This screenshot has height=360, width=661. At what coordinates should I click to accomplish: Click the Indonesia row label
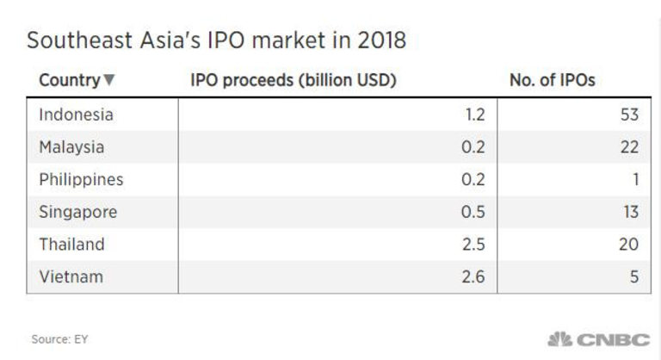[x=76, y=115]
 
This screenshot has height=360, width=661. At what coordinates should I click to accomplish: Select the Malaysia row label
[x=71, y=147]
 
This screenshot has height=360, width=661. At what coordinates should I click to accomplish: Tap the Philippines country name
[x=81, y=180]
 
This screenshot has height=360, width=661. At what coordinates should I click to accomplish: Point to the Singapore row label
[x=77, y=213]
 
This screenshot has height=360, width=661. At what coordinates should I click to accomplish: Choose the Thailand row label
[x=71, y=245]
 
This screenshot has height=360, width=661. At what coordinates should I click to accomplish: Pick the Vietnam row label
[x=70, y=277]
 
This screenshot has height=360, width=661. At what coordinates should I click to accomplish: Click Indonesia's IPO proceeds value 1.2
[x=475, y=115]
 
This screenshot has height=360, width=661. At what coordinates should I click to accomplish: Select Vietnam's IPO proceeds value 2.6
[x=474, y=277]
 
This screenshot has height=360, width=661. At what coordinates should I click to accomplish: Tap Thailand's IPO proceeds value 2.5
[x=474, y=245]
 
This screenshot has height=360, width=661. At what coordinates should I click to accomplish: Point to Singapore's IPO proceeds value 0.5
[x=474, y=213]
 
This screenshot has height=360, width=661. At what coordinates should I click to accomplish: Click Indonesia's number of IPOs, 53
[x=629, y=115]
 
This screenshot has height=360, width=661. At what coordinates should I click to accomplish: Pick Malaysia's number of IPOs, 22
[x=629, y=147]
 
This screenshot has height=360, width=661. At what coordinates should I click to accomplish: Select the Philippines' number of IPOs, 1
[x=634, y=180]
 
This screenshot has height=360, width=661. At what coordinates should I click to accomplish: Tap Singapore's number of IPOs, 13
[x=629, y=213]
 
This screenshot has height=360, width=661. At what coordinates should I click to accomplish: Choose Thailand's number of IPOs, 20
[x=629, y=245]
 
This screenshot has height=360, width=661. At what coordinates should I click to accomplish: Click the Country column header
[x=69, y=81]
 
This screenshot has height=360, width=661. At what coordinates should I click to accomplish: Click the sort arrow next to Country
[x=108, y=82]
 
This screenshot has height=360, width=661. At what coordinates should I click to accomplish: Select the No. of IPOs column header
[x=553, y=81]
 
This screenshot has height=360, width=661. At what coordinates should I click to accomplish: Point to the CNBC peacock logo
[x=560, y=338]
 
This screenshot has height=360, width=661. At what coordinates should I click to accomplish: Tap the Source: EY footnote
[x=59, y=339]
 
